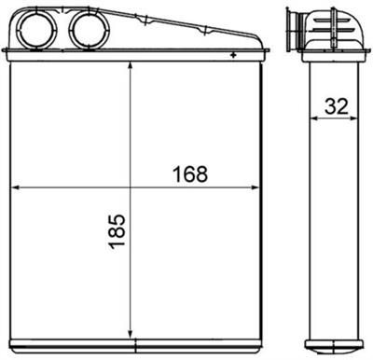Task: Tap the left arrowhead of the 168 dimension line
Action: (x=13, y=188)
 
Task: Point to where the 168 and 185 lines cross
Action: (x=130, y=188)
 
